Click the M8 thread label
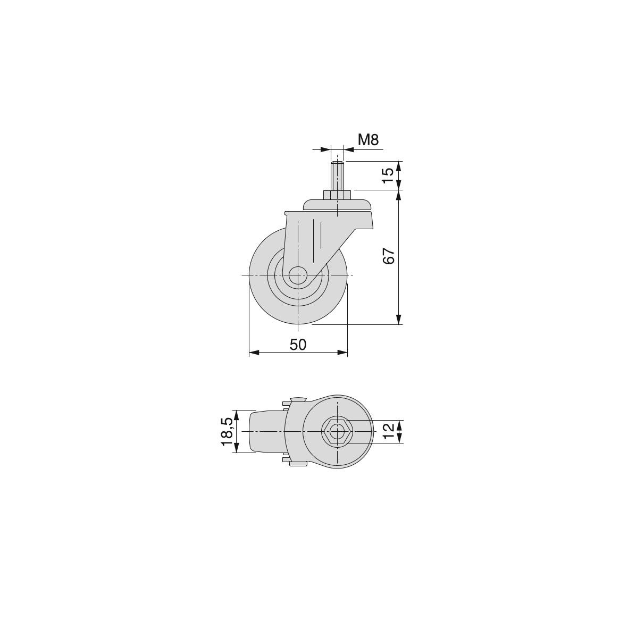click(368, 140)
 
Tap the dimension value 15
click(388, 175)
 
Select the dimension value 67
click(389, 256)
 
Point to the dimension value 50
click(298, 345)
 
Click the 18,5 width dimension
click(227, 431)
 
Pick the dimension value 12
click(388, 431)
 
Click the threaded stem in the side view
click(337, 176)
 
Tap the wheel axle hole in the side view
click(298, 275)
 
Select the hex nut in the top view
click(337, 431)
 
